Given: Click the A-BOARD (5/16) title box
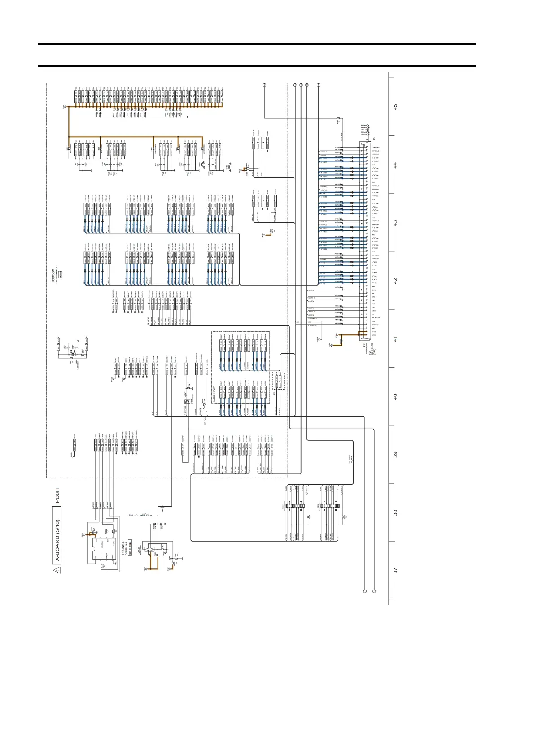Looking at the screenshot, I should (x=57, y=534).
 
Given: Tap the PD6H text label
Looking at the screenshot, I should (x=57, y=495).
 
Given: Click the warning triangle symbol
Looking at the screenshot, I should (x=57, y=570).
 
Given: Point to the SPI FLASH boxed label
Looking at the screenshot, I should (x=130, y=548).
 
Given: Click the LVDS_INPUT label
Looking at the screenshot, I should (x=214, y=395).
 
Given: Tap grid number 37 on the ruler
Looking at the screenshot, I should (x=395, y=570).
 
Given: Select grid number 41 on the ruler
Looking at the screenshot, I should (x=395, y=339).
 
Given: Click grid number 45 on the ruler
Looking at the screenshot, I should (x=395, y=107).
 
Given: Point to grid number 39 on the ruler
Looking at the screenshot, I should (x=395, y=454).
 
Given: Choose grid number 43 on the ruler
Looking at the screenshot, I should (x=395, y=222).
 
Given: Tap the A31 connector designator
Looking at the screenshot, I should (x=365, y=346).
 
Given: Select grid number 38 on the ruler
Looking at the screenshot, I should (x=395, y=512).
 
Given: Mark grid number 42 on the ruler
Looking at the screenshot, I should (x=395, y=281).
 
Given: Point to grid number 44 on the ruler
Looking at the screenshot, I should (x=395, y=165).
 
